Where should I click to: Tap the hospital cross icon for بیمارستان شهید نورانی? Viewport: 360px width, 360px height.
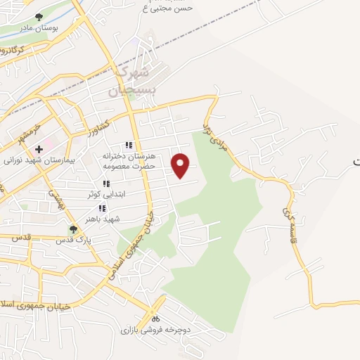(x=39, y=149)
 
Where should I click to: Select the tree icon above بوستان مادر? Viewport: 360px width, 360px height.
(x=39, y=17)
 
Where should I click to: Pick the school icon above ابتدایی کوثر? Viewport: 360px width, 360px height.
(x=106, y=184)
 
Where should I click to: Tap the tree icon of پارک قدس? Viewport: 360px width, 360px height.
(x=73, y=229)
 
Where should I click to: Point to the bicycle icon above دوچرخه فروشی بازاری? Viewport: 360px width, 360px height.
(x=155, y=319)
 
